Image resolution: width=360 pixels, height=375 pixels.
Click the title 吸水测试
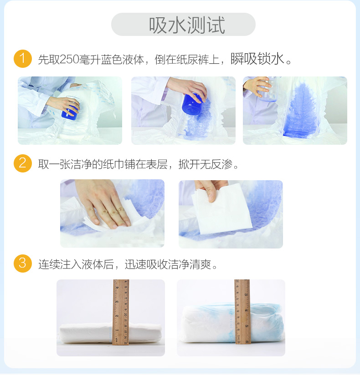point(187,25)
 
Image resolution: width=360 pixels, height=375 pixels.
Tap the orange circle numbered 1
point(23,59)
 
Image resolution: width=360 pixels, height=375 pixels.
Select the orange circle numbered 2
point(23,163)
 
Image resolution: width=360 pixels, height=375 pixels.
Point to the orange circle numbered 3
point(23,264)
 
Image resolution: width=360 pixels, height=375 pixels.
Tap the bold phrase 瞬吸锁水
point(257,59)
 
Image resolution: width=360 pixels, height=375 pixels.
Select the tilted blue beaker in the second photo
point(192,104)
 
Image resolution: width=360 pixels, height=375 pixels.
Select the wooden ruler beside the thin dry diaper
point(121,312)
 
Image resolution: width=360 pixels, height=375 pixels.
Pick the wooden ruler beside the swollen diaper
point(242,312)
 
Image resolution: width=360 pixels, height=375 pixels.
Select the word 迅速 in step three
point(135,264)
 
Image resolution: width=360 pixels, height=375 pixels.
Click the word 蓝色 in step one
point(112,59)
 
